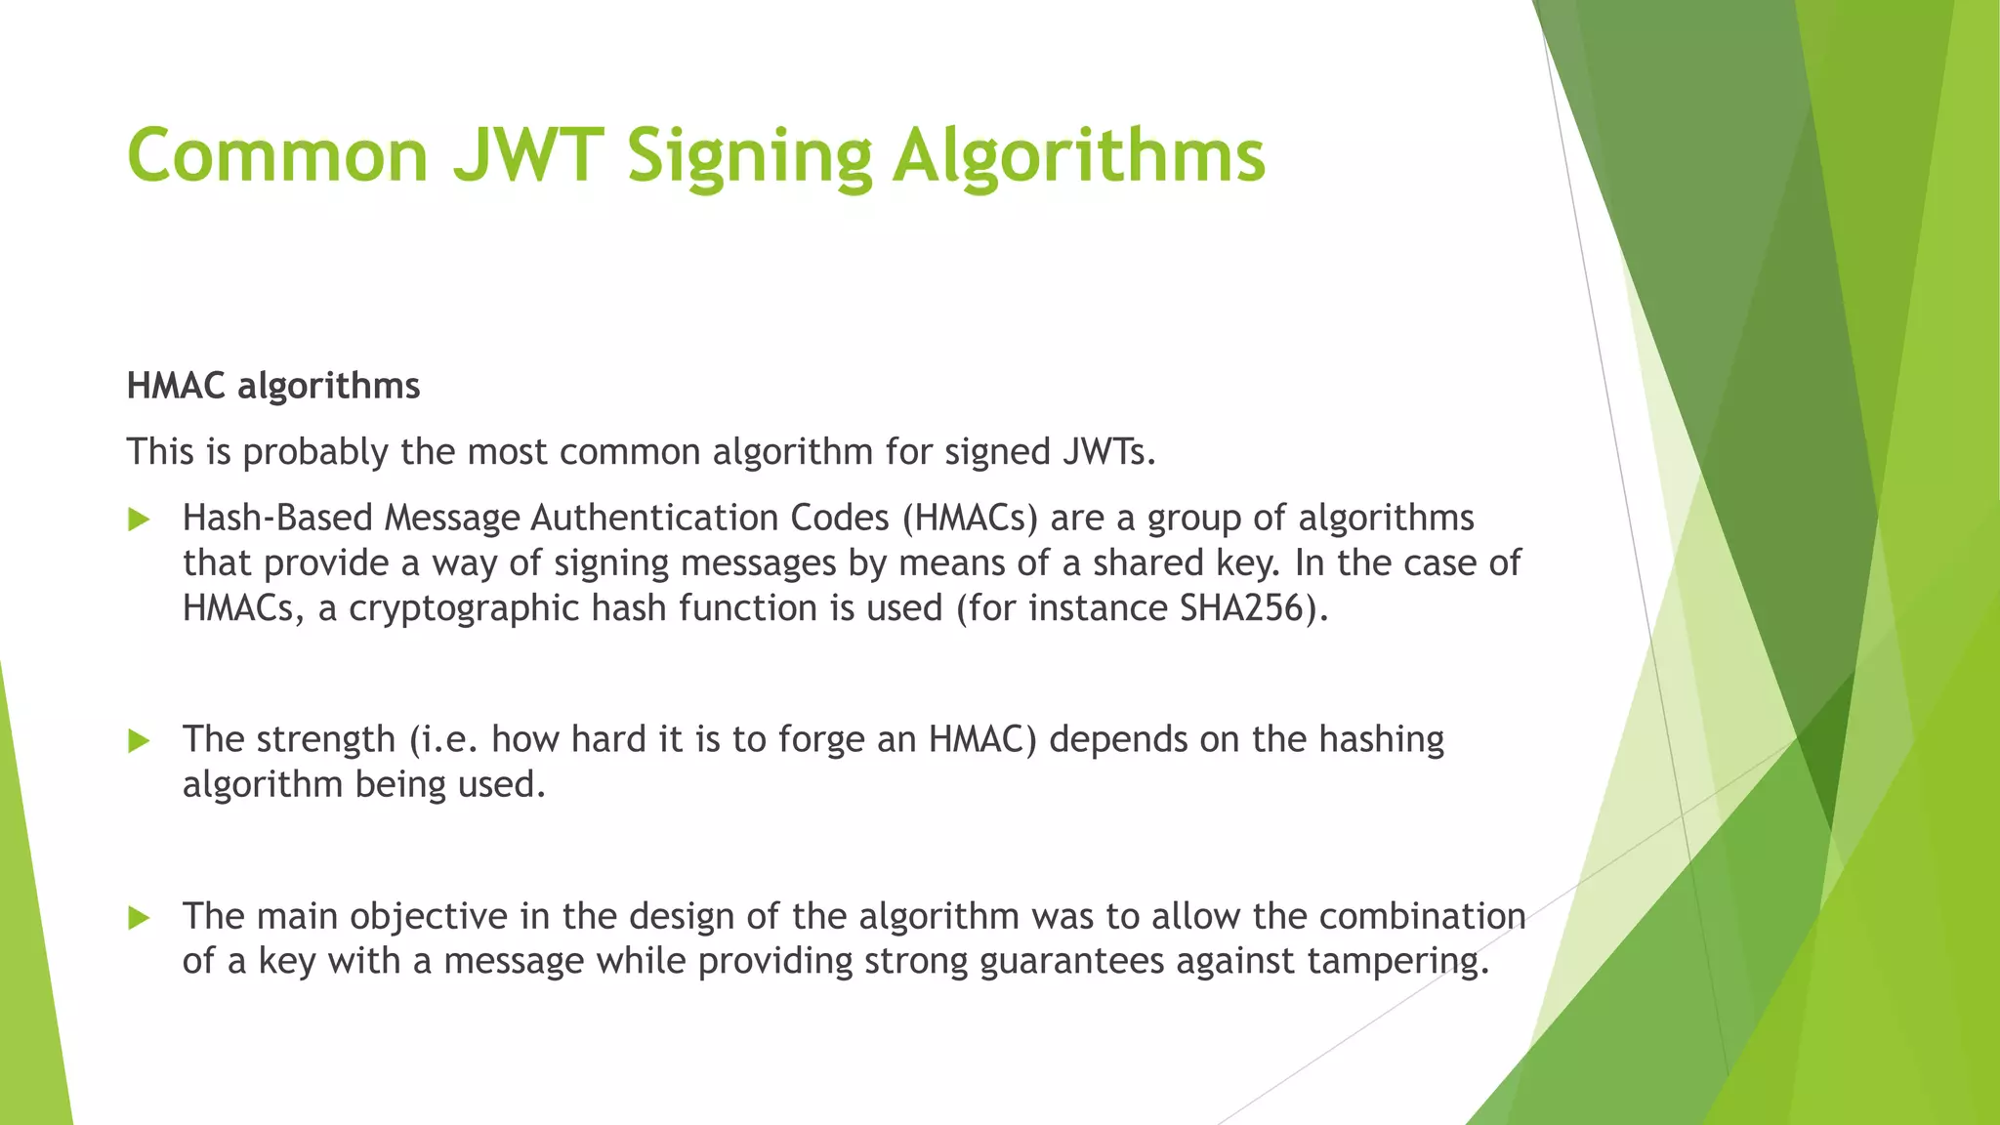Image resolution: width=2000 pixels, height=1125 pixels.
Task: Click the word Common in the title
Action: (x=277, y=155)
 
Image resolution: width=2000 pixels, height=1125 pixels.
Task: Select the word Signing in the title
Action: (x=749, y=157)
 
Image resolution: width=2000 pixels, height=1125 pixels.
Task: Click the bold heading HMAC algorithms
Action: (x=273, y=386)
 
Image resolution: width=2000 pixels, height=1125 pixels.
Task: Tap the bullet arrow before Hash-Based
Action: (x=139, y=520)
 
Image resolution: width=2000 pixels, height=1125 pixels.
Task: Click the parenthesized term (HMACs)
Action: (x=970, y=518)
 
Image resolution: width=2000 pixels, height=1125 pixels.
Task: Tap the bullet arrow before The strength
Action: (x=139, y=741)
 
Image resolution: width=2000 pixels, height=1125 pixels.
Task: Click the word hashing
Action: (x=1381, y=740)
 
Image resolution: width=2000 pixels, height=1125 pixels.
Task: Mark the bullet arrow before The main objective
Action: (x=139, y=918)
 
